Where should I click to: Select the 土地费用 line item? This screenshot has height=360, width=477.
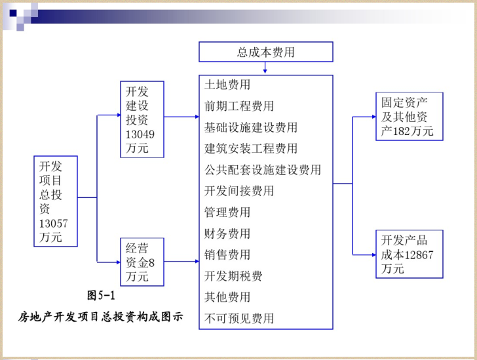click(227, 85)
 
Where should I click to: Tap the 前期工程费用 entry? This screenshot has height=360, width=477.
click(239, 106)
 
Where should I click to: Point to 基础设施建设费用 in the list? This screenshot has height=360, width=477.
click(251, 127)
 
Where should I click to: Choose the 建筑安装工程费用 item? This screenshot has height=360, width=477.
click(251, 149)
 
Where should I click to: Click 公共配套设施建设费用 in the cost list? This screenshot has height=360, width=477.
click(263, 170)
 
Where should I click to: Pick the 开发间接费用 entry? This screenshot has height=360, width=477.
click(239, 191)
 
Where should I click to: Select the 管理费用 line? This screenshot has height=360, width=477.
click(227, 212)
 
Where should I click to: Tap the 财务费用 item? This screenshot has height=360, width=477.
click(227, 233)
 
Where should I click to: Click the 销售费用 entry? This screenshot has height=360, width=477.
click(227, 254)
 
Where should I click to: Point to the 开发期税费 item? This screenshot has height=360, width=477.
click(233, 276)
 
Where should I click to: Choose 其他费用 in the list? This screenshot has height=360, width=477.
click(227, 297)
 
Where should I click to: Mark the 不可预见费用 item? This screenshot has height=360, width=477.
click(239, 318)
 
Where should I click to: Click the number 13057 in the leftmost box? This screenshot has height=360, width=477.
click(53, 224)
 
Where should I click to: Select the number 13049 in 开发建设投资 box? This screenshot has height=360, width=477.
click(140, 134)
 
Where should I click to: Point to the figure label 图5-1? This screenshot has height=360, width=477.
click(101, 295)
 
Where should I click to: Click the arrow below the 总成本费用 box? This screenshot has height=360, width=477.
click(265, 68)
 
